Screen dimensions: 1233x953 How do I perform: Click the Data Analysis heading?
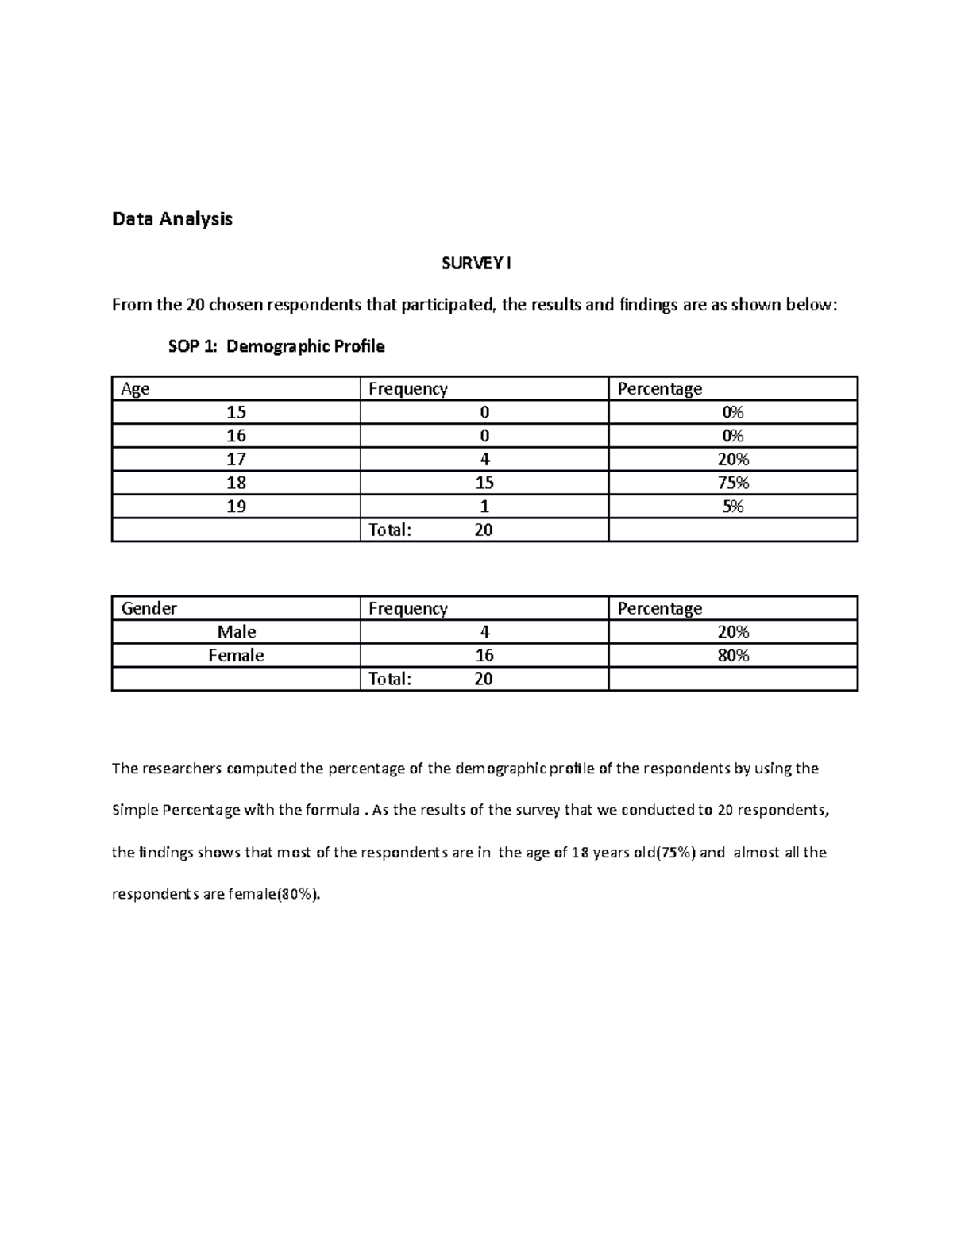(x=172, y=219)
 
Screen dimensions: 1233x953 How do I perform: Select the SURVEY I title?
(x=476, y=264)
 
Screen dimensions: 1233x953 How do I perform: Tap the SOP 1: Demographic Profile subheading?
(x=276, y=346)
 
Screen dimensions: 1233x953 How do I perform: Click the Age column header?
(x=135, y=389)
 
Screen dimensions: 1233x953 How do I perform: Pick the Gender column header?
(x=149, y=608)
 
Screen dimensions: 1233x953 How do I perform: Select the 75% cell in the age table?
(x=732, y=483)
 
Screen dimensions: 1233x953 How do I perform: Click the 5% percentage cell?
(x=732, y=507)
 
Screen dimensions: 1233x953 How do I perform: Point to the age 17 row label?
(x=236, y=460)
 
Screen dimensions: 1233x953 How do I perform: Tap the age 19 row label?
(x=236, y=507)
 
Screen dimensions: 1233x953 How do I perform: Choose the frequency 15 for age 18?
(x=484, y=483)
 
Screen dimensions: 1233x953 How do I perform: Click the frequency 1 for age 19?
(x=484, y=507)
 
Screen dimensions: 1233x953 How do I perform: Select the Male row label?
(x=236, y=632)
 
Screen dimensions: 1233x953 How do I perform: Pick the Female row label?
(x=236, y=656)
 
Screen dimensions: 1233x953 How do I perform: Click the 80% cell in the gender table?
(x=732, y=656)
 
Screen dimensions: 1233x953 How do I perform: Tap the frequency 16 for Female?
(x=484, y=656)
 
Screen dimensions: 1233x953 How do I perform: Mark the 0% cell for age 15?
(x=732, y=412)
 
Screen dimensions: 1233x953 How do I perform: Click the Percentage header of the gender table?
(x=659, y=608)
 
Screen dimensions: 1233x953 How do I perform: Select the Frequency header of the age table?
(x=407, y=389)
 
